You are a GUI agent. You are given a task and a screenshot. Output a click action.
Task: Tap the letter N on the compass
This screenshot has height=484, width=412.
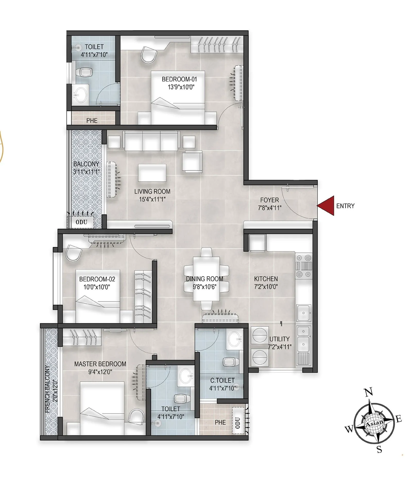pyautogui.click(x=369, y=392)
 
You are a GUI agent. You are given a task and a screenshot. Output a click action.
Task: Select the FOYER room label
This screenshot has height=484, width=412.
pyautogui.click(x=269, y=200)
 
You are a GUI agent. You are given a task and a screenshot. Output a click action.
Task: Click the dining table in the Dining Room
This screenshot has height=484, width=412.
pyautogui.click(x=206, y=279)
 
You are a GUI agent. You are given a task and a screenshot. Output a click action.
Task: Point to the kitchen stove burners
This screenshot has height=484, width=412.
pyautogui.click(x=304, y=265)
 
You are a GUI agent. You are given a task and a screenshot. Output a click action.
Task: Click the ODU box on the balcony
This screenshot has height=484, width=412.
pyautogui.click(x=81, y=222)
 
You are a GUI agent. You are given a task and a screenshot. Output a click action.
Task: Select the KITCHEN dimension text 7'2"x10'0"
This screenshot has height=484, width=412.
pyautogui.click(x=266, y=287)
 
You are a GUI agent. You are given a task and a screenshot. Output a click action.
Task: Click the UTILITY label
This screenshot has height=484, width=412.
pyautogui.click(x=279, y=339)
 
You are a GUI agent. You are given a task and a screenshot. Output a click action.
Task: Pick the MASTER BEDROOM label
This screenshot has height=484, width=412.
pyautogui.click(x=100, y=364)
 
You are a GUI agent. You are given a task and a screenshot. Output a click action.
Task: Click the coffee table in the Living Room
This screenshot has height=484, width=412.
pyautogui.click(x=152, y=173)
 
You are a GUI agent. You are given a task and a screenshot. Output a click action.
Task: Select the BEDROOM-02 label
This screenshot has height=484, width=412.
pyautogui.click(x=97, y=279)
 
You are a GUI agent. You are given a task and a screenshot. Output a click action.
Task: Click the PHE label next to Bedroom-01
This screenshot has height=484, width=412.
pyautogui.click(x=92, y=120)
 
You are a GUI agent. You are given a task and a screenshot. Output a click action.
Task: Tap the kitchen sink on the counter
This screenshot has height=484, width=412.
pyautogui.click(x=304, y=313)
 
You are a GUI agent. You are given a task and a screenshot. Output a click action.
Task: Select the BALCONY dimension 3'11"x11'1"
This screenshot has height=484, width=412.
pyautogui.click(x=86, y=172)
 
